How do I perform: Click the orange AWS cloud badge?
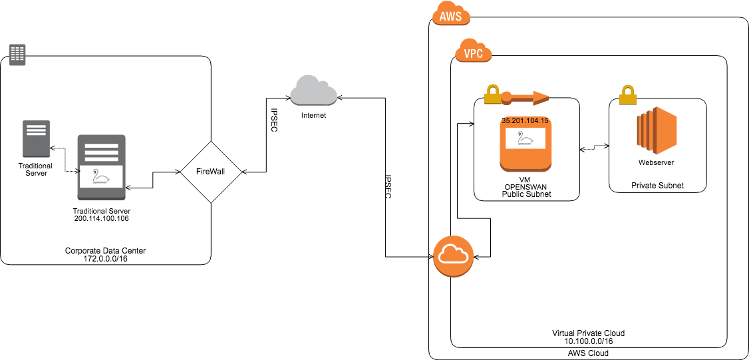coord(451,15)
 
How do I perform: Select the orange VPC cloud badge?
coord(473,51)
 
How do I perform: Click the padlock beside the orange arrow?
coord(492,94)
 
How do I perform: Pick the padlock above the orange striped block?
coord(628,95)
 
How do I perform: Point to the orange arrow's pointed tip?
coord(547,98)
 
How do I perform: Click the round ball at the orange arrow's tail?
coord(506,98)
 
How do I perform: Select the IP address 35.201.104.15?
coord(525,121)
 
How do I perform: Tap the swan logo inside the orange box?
coord(525,138)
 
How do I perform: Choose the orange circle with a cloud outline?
coord(453,256)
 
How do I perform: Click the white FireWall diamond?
coord(210,172)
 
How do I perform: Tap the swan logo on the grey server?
coord(101,176)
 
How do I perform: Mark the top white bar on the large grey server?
coord(101,145)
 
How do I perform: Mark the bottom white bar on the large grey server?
coord(101,159)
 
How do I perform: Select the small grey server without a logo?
coord(36,138)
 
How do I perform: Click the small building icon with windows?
coord(17,55)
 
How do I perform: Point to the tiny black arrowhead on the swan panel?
coord(79,172)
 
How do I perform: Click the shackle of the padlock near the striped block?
coord(628,89)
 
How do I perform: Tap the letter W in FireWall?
coord(213,172)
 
